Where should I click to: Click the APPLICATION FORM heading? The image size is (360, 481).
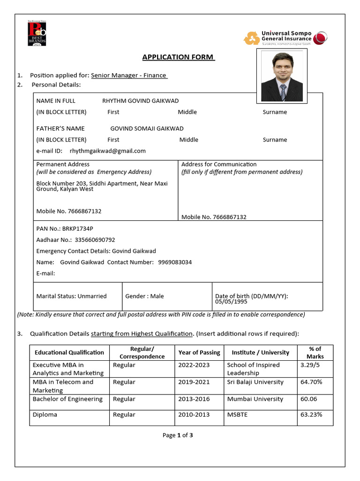(178, 57)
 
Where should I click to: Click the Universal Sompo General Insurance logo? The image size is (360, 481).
(285, 38)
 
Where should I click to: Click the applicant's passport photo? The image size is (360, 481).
(282, 76)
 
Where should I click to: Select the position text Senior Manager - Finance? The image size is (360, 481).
(129, 75)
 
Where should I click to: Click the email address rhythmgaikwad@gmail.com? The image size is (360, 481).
(108, 151)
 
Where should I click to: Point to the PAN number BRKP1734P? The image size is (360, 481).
(77, 228)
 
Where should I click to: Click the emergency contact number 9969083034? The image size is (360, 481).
(175, 262)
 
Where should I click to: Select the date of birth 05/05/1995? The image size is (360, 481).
(228, 302)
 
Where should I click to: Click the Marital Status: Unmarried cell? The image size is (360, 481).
(71, 296)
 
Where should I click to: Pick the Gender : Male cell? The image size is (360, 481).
(144, 296)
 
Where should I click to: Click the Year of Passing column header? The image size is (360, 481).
(199, 352)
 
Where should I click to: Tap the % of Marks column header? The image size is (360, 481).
(315, 352)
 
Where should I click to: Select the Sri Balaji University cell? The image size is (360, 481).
(255, 382)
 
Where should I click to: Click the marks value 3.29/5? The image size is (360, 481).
(310, 365)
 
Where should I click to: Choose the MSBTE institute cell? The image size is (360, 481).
(238, 414)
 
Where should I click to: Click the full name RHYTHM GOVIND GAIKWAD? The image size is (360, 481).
(140, 101)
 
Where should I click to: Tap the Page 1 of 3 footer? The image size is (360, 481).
(178, 435)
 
